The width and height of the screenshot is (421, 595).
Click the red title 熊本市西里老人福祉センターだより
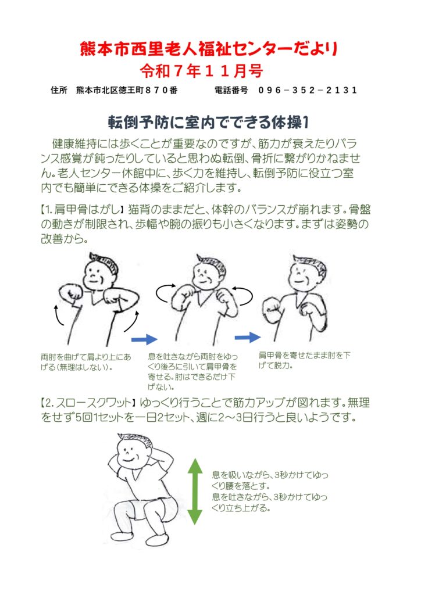tap(208, 49)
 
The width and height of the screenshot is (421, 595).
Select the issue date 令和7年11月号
tap(201, 70)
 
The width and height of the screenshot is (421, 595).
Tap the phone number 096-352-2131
tap(308, 90)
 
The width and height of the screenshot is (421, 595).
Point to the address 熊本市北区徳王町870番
tap(127, 90)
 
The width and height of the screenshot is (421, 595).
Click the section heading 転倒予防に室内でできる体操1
tap(208, 122)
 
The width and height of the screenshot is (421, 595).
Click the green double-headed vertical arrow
tap(195, 491)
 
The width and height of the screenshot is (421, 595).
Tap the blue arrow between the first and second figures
tap(144, 339)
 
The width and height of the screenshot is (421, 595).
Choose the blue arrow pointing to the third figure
tap(248, 337)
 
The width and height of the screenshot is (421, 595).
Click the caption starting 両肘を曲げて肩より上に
tap(86, 362)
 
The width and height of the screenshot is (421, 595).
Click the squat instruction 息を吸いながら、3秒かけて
tap(270, 480)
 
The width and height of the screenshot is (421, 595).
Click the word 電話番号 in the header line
tap(231, 90)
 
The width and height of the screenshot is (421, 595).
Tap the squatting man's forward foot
tap(156, 539)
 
